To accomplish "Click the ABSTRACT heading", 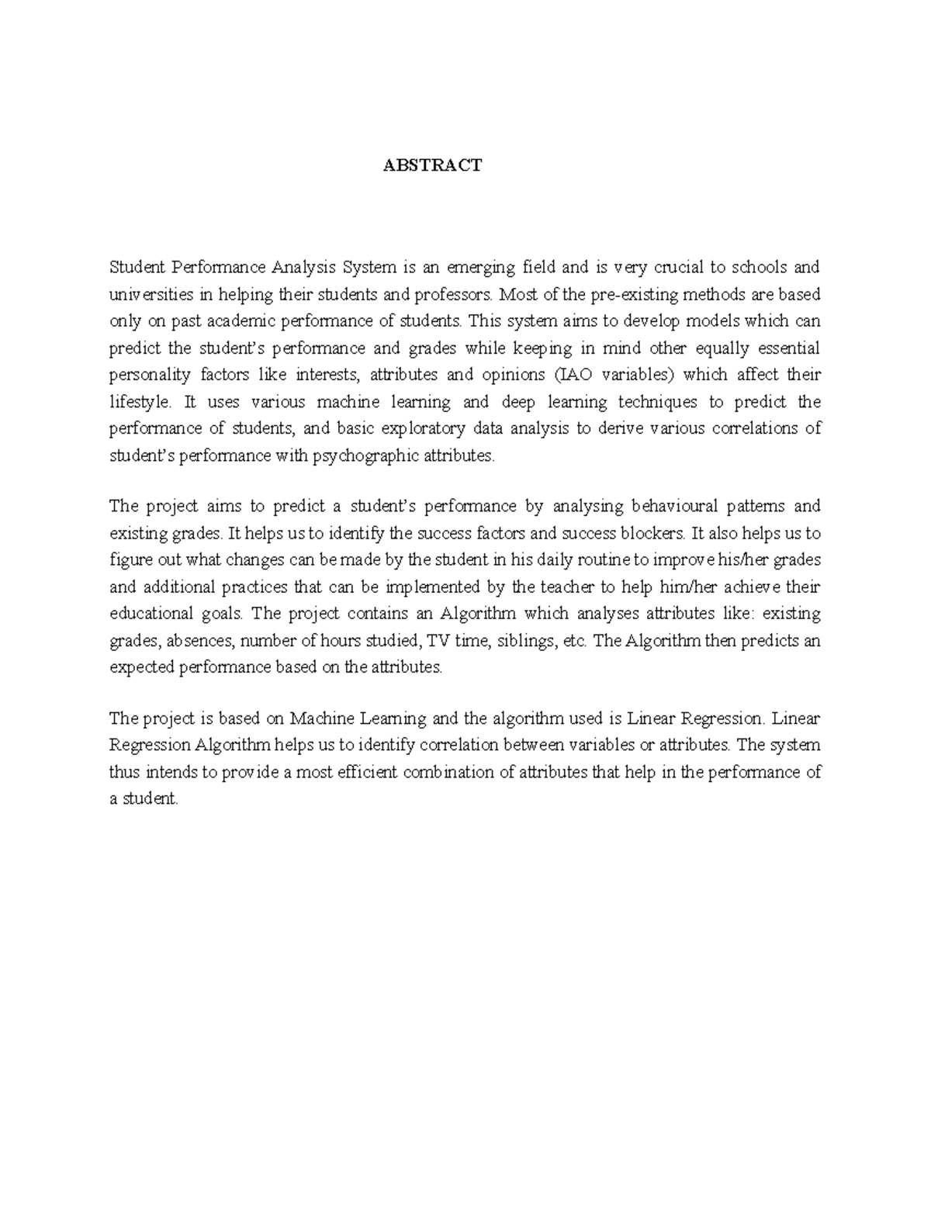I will tap(432, 165).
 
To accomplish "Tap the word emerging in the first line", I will tap(480, 268).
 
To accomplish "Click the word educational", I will tap(149, 615).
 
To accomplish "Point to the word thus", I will tap(122, 773).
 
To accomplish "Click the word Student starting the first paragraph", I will tap(137, 268).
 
